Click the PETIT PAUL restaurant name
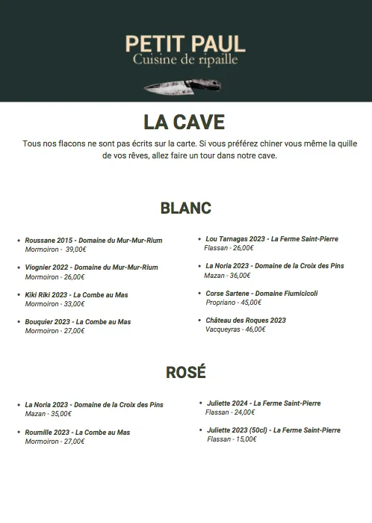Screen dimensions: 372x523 point(185,43)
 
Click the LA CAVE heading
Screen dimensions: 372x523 point(184,122)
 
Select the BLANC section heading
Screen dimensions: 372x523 point(185,208)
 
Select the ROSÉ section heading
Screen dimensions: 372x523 point(185,371)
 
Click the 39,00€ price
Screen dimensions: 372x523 point(75,250)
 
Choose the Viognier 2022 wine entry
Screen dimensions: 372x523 point(91,267)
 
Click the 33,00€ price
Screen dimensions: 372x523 point(73,304)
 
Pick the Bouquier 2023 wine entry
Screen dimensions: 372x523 point(78,322)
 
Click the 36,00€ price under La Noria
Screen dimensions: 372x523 point(239,275)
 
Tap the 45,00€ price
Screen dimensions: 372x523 point(250,303)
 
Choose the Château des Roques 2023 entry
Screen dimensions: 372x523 point(246,321)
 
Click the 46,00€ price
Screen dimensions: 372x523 point(254,329)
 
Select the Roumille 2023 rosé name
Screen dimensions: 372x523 point(48,433)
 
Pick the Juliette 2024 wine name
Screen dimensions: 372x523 point(230,403)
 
